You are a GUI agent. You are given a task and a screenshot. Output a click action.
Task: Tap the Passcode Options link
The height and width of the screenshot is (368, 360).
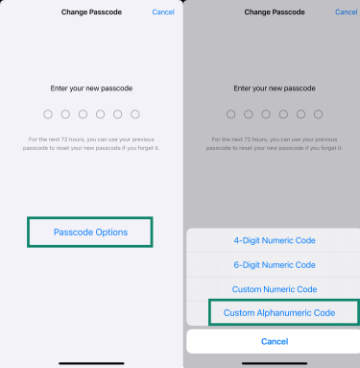click(x=89, y=233)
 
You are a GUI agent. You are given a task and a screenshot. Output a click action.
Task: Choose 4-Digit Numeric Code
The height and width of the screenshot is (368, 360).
click(x=274, y=240)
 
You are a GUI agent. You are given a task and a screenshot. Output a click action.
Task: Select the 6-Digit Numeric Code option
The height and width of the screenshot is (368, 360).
click(x=274, y=264)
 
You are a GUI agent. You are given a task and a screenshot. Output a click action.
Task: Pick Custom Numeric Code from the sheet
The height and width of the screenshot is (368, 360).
click(x=274, y=288)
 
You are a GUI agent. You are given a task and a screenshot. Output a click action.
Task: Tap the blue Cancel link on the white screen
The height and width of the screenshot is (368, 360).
click(x=162, y=12)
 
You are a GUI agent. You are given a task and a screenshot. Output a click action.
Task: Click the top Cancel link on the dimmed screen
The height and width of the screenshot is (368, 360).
click(x=346, y=12)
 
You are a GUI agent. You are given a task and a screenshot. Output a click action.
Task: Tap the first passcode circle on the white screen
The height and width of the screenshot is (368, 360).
click(x=47, y=114)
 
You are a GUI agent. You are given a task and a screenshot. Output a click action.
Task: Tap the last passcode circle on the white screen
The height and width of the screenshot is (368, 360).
click(x=133, y=114)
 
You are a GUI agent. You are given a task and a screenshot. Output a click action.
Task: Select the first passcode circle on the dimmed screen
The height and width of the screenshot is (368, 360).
click(x=230, y=114)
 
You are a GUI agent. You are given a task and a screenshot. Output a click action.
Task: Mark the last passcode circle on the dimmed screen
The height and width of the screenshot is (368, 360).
click(x=316, y=114)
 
